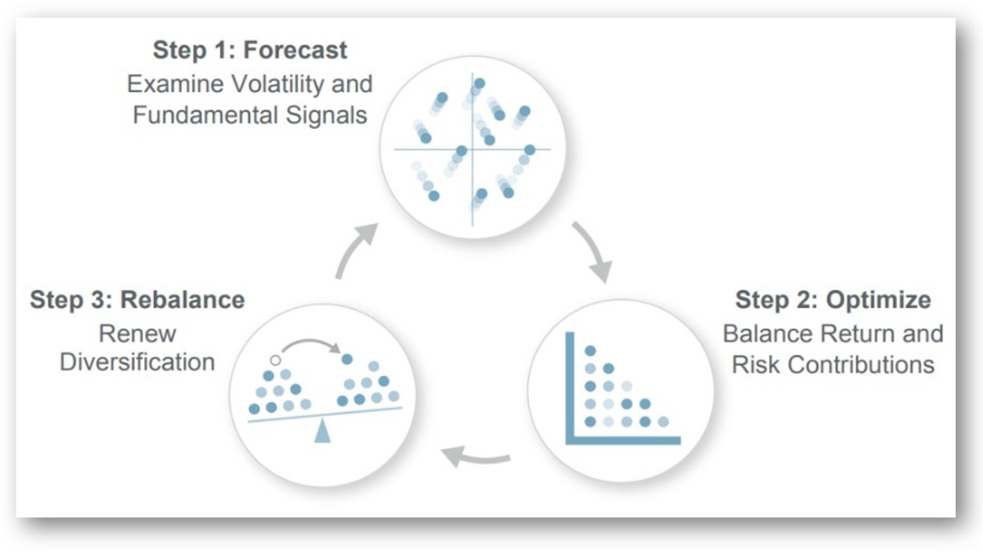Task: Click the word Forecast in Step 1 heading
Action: (x=295, y=50)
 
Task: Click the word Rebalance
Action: (x=182, y=300)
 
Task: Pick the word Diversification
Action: (x=137, y=363)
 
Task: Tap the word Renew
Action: (x=137, y=334)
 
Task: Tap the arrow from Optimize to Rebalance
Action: (x=475, y=458)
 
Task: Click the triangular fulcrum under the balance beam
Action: (x=322, y=432)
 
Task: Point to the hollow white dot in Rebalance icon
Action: (x=275, y=360)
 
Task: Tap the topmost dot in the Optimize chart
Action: (x=590, y=351)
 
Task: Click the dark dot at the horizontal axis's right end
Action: (x=530, y=150)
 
